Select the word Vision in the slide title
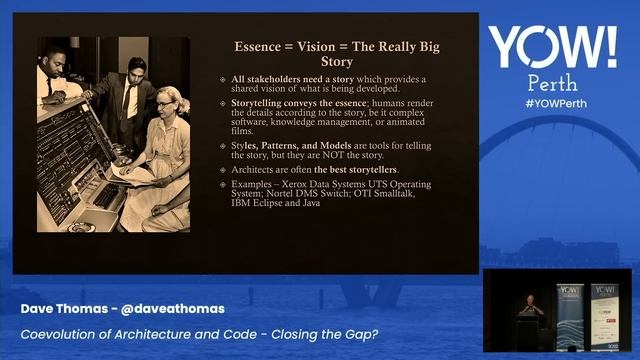[326, 47]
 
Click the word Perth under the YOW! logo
[553, 84]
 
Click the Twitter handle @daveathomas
[171, 309]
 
